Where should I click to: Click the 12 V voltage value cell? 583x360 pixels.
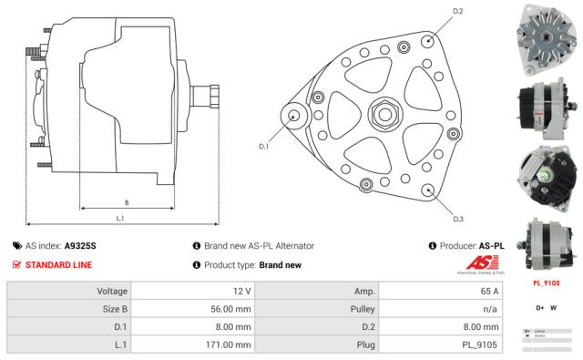240,291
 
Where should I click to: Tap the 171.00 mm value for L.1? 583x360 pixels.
230,345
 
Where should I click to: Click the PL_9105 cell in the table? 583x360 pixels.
479,345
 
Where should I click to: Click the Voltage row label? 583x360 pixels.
110,291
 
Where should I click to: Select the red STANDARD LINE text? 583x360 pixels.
58,264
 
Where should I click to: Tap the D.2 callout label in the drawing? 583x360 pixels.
457,11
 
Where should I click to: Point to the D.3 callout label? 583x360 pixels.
458,219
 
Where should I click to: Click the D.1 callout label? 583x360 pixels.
264,146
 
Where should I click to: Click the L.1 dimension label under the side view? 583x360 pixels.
120,218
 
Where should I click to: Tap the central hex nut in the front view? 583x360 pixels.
383,115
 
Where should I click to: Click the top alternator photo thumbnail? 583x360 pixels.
546,37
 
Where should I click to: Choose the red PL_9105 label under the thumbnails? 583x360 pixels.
546,283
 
